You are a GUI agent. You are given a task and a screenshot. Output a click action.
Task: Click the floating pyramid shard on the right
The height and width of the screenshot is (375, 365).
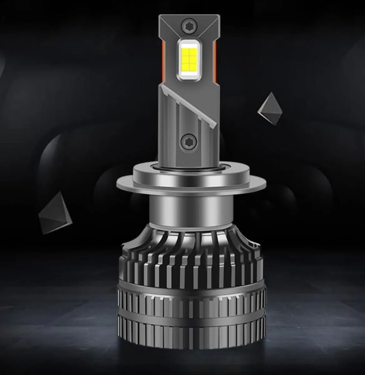270,107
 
